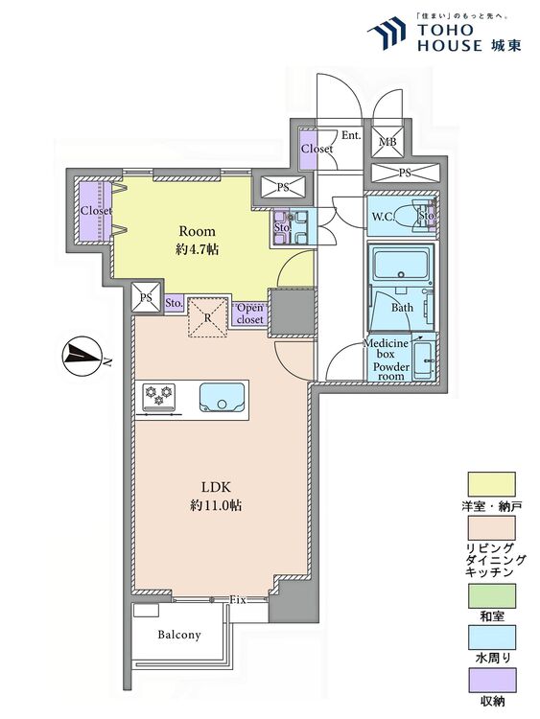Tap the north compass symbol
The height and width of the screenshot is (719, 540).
pyautogui.click(x=81, y=357)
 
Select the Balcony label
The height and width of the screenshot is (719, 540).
pyautogui.click(x=179, y=635)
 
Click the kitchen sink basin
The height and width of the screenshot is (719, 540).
pyautogui.click(x=223, y=398)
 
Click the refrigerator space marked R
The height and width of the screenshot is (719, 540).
pyautogui.click(x=208, y=317)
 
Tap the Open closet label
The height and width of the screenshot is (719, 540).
pyautogui.click(x=250, y=313)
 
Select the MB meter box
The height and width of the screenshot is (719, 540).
pyautogui.click(x=387, y=141)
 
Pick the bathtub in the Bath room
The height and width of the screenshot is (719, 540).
pyautogui.click(x=402, y=265)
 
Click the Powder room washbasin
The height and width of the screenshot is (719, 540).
pyautogui.click(x=423, y=359)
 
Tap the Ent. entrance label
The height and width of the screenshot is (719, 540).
pyautogui.click(x=351, y=136)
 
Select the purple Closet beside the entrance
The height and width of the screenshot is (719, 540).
pyautogui.click(x=308, y=149)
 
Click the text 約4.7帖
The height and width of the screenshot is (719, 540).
pyautogui.click(x=197, y=249)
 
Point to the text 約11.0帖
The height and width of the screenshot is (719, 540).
pyautogui.click(x=216, y=505)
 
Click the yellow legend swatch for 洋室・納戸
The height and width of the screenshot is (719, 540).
pyautogui.click(x=491, y=484)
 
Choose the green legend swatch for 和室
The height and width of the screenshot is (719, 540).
pyautogui.click(x=491, y=595)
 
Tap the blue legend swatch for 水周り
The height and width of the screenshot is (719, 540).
pyautogui.click(x=491, y=637)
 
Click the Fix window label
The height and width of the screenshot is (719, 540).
pyautogui.click(x=238, y=599)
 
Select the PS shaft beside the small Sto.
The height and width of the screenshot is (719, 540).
pyautogui.click(x=146, y=297)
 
